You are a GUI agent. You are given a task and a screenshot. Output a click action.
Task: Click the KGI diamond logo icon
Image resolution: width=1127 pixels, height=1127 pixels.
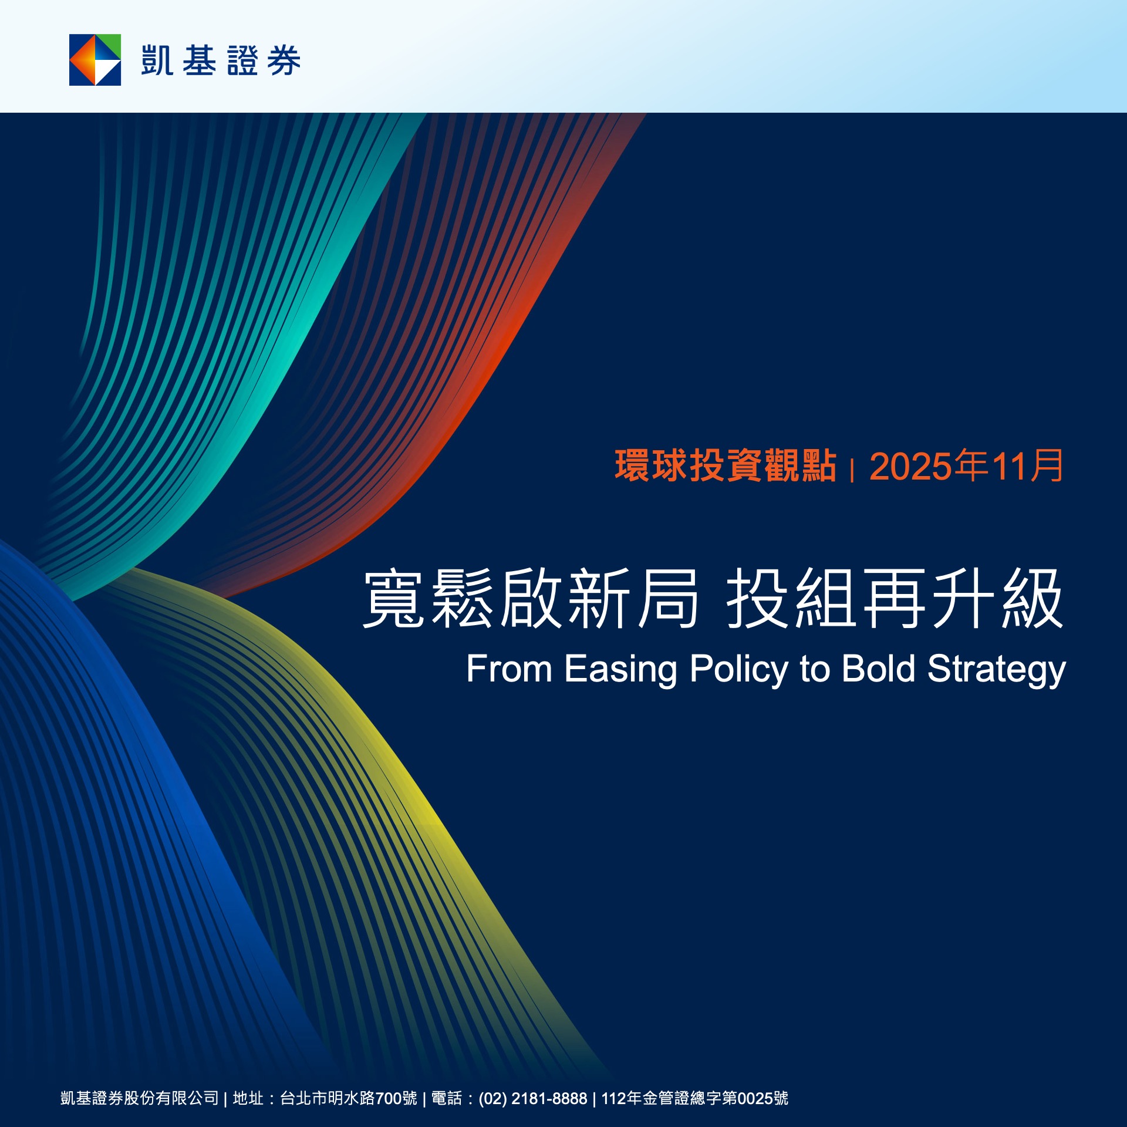tap(95, 60)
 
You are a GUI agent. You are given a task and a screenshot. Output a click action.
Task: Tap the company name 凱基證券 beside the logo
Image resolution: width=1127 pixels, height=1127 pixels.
tap(221, 60)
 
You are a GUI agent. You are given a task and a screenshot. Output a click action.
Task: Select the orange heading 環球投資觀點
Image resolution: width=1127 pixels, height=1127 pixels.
tap(726, 466)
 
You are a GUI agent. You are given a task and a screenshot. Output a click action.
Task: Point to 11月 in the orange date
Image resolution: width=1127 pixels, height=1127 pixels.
tap(1027, 466)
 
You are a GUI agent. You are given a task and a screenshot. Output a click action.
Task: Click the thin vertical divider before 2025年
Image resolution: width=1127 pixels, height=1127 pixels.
tap(852, 471)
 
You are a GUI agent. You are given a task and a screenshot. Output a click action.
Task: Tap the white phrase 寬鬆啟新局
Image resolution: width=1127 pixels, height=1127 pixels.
tap(531, 599)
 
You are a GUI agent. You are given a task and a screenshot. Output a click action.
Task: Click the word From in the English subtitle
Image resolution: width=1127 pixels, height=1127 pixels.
tap(509, 669)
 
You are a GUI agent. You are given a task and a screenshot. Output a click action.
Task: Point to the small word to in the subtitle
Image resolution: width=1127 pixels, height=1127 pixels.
tap(815, 670)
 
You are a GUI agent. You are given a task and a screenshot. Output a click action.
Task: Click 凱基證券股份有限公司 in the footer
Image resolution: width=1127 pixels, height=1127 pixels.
tap(140, 1098)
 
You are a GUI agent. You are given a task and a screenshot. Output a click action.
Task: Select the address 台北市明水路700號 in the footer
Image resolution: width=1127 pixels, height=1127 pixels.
tap(349, 1098)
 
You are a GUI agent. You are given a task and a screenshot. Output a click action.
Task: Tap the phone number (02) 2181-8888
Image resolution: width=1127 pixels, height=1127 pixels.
tap(533, 1099)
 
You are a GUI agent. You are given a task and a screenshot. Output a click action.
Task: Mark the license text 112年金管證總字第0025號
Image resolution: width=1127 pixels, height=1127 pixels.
tap(695, 1098)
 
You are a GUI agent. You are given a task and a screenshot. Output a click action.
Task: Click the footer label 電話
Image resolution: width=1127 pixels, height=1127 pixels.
tap(447, 1098)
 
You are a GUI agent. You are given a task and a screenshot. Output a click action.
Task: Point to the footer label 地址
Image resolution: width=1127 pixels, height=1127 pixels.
tap(248, 1098)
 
